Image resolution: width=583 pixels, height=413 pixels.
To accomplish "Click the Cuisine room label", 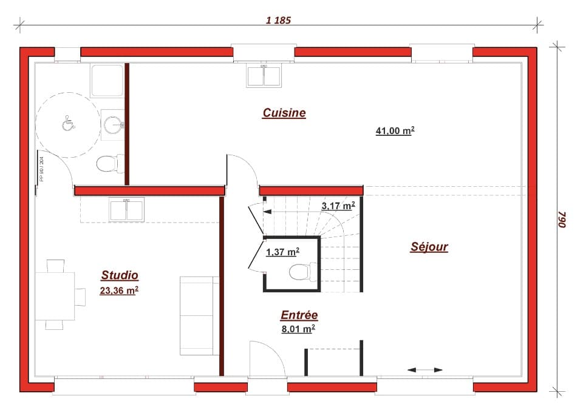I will (x=284, y=113).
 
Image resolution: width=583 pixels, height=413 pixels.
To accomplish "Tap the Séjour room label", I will (x=429, y=247).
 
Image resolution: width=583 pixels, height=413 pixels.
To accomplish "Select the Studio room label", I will (x=120, y=275).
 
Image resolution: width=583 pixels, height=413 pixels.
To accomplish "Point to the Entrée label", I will (x=299, y=315).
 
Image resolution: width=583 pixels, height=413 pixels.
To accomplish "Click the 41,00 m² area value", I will (x=395, y=130).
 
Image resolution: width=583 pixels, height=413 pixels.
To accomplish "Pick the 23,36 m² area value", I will (x=119, y=290).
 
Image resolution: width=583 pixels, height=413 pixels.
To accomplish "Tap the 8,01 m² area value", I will (x=297, y=329).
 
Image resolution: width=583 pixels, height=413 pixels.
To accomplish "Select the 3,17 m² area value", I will (x=338, y=206).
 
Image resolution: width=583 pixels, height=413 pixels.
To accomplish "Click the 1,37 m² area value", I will (x=282, y=252).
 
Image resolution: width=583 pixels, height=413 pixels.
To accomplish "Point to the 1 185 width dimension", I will (x=279, y=20).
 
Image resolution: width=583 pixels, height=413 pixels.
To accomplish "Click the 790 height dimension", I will (x=561, y=220).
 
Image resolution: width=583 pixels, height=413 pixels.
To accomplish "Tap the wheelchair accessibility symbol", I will (x=68, y=123).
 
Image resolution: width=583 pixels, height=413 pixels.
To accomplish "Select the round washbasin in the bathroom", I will (x=112, y=125).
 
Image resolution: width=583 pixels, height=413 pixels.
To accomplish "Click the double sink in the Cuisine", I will (x=264, y=76).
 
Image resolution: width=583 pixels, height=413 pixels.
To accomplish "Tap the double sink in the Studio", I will (x=126, y=210).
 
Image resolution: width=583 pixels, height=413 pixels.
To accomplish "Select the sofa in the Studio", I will (x=199, y=315).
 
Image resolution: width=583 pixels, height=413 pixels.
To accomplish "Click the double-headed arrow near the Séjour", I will (x=425, y=370).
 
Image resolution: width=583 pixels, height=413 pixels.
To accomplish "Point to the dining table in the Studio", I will (x=55, y=296).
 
